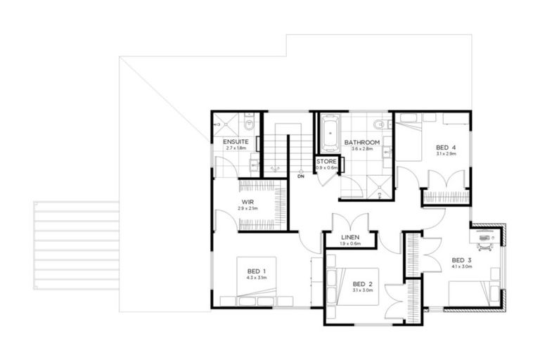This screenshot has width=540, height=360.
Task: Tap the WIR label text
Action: click(247, 202)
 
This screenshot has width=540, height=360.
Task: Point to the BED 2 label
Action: click(362, 285)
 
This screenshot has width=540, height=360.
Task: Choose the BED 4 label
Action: click(446, 147)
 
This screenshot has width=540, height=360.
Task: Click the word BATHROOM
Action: click(362, 143)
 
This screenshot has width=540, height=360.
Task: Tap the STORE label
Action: click(327, 162)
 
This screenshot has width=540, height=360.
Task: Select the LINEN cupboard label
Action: click(350, 238)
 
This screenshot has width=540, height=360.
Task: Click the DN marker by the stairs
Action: click(300, 176)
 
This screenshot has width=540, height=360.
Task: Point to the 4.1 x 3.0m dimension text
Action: click(461, 267)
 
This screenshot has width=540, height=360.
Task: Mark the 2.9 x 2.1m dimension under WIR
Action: click(247, 209)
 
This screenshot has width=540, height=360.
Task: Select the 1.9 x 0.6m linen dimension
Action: click(350, 244)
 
